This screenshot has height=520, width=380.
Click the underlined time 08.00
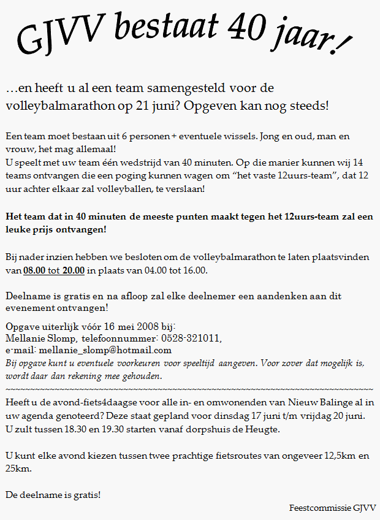click(36, 270)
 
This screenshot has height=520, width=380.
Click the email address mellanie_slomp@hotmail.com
click(105, 350)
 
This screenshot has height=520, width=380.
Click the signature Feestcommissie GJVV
click(333, 508)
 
